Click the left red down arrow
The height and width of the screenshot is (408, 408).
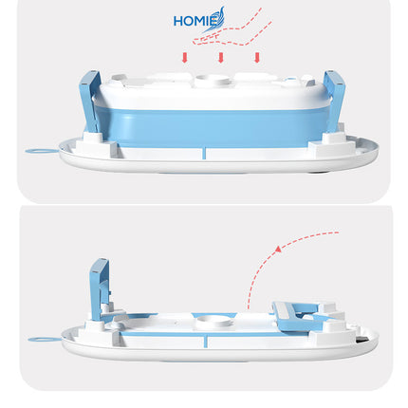(185, 58)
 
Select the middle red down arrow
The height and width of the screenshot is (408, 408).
(221, 58)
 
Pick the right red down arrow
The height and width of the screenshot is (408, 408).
(256, 58)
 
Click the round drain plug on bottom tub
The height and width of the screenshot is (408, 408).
(221, 321)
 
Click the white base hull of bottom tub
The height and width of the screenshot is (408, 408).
(218, 350)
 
